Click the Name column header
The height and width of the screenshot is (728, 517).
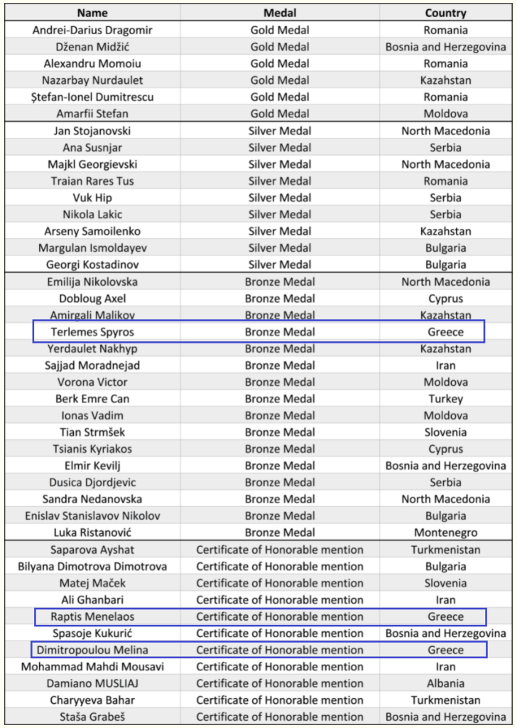pos(92,13)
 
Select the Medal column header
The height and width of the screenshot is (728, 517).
pos(280,13)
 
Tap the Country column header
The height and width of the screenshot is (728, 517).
pos(445,13)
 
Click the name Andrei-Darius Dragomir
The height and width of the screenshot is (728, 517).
pos(92,30)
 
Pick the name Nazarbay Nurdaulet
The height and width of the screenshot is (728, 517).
pos(92,80)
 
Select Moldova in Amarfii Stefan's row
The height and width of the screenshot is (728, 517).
pos(445,114)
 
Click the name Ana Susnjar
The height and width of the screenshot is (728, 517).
pos(92,147)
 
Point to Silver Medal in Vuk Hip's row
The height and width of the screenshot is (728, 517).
pos(280,198)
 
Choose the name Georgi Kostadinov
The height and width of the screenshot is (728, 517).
pos(92,264)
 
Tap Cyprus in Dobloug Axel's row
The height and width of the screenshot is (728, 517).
pos(445,299)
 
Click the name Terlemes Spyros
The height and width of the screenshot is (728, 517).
pos(92,332)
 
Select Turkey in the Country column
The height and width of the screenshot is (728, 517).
pos(445,399)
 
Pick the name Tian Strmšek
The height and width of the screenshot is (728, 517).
pos(92,432)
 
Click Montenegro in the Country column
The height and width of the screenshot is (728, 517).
pos(445,532)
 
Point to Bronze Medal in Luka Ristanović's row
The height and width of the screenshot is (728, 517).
pos(280,532)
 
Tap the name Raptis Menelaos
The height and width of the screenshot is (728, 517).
pos(92,616)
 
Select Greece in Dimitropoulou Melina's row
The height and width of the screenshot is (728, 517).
pos(445,650)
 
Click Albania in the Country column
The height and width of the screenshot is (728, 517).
pos(445,683)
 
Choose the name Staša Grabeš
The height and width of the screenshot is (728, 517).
pos(92,717)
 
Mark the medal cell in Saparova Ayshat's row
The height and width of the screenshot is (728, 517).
pos(280,550)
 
